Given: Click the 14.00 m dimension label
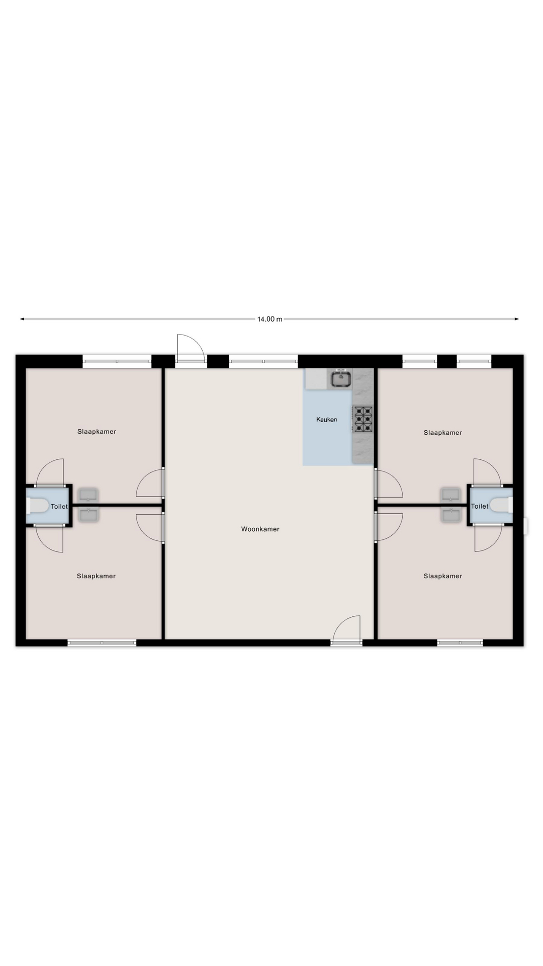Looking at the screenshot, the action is coord(270,319).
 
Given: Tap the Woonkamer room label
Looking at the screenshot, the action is coord(260,529).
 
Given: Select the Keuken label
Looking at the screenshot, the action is coord(327,419).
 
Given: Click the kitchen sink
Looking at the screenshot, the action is coord(340,378).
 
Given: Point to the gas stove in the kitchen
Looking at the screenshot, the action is coord(363,419).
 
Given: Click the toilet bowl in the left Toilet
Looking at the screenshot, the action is coord(38,506).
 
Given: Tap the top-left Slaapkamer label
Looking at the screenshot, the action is coord(97,431).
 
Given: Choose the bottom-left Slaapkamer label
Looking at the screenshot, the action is coord(96,576).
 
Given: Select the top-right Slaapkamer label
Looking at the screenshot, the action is coord(442,432).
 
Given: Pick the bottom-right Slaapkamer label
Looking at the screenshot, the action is coord(442,576).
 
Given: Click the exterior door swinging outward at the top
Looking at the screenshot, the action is coord(191,348).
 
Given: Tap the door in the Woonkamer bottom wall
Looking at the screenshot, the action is coord(346,630).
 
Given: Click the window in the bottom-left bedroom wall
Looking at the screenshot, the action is coord(102,642).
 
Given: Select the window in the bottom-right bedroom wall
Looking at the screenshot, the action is coord(460,642).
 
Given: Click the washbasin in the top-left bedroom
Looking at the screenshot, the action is coord(88,495).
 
